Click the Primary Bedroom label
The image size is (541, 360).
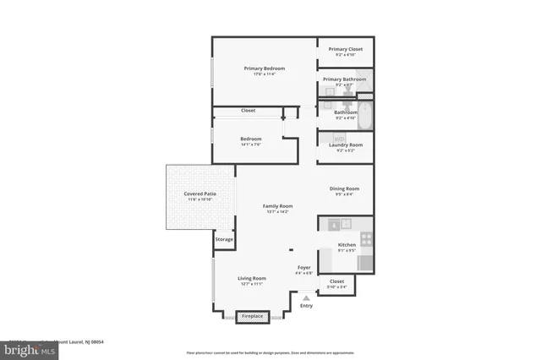pyautogui.click(x=264, y=68)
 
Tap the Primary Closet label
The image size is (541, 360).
pyautogui.click(x=345, y=49)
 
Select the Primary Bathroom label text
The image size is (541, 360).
pyautogui.click(x=345, y=79)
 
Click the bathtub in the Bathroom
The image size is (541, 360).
pyautogui.click(x=366, y=116)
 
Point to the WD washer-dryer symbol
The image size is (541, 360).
pyautogui.click(x=339, y=139)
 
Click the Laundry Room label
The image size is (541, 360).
pyautogui.click(x=345, y=145)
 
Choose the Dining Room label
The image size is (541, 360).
pyautogui.click(x=344, y=188)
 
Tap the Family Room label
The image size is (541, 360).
pyautogui.click(x=277, y=206)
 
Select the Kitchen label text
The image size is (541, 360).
pyautogui.click(x=347, y=245)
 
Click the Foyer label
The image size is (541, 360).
pyautogui.click(x=303, y=267)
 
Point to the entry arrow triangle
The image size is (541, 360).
pyautogui.click(x=306, y=297)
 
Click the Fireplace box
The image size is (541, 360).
pyautogui.click(x=253, y=317)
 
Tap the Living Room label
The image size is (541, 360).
pyautogui.click(x=251, y=278)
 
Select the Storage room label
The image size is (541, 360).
pyautogui.click(x=224, y=239)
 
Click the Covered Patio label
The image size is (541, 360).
pyautogui.click(x=199, y=194)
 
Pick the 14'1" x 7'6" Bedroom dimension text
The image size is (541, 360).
pyautogui.click(x=250, y=145)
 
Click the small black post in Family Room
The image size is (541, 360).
pyautogui.click(x=290, y=249)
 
